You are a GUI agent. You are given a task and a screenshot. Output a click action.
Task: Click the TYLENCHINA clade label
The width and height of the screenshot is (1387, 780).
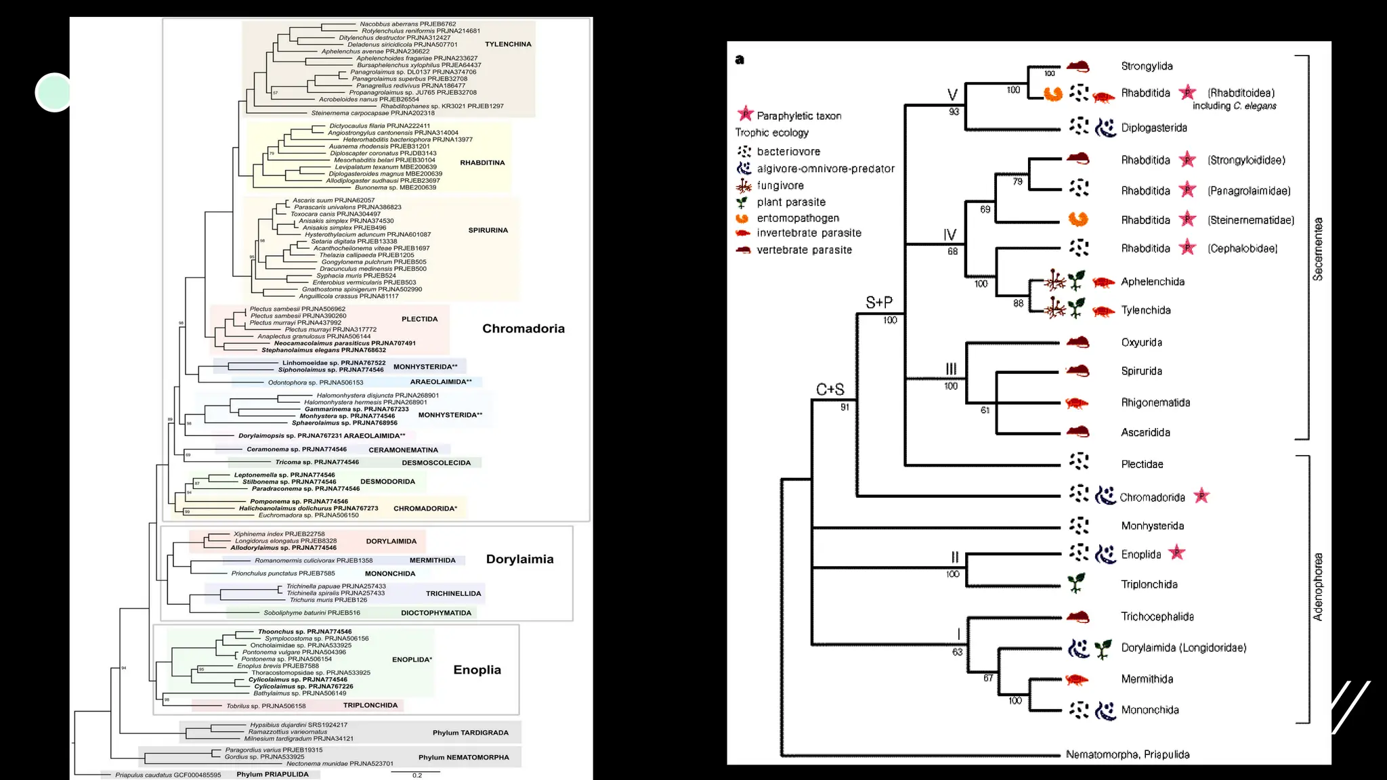[508, 44]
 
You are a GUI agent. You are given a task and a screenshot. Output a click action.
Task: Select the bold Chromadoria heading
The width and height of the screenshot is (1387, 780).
[523, 328]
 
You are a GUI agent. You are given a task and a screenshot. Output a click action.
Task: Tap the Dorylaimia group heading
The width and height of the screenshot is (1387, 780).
[519, 559]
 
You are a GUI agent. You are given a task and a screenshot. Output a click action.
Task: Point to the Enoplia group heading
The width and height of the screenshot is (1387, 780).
[477, 670]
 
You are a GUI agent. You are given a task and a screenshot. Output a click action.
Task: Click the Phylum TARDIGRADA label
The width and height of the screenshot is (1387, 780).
[470, 733]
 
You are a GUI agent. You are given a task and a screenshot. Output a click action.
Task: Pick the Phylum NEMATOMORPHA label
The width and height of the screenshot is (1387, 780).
[463, 758]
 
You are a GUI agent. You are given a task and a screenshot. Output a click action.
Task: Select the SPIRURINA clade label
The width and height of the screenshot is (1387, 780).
[488, 230]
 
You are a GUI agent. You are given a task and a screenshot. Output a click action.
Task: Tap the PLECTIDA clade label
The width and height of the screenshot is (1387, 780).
[419, 319]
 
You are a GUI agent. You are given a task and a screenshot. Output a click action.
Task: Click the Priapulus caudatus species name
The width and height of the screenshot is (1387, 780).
[167, 775]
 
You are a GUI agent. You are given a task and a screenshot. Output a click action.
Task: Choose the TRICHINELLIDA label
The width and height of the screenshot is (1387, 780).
[453, 593]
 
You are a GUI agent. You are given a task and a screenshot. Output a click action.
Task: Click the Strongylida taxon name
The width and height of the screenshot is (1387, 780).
[1147, 66]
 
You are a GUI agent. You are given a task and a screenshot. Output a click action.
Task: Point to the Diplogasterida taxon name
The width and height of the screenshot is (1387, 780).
[1153, 128]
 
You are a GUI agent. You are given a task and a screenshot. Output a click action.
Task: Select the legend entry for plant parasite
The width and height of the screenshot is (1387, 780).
[790, 202]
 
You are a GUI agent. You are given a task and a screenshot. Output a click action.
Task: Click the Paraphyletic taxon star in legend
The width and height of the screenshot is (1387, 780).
[745, 114]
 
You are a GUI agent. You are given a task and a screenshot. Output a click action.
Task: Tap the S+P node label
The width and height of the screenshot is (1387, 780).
[878, 302]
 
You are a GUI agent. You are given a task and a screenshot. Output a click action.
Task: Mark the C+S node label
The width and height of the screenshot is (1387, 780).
[830, 389]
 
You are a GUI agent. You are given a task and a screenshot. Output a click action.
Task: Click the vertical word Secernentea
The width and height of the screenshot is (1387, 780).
[1317, 248]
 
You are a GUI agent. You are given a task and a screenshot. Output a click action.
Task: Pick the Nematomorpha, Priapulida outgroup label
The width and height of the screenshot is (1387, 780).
[1127, 754]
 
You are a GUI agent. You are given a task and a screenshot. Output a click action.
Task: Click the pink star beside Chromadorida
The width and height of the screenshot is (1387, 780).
[1201, 496]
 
